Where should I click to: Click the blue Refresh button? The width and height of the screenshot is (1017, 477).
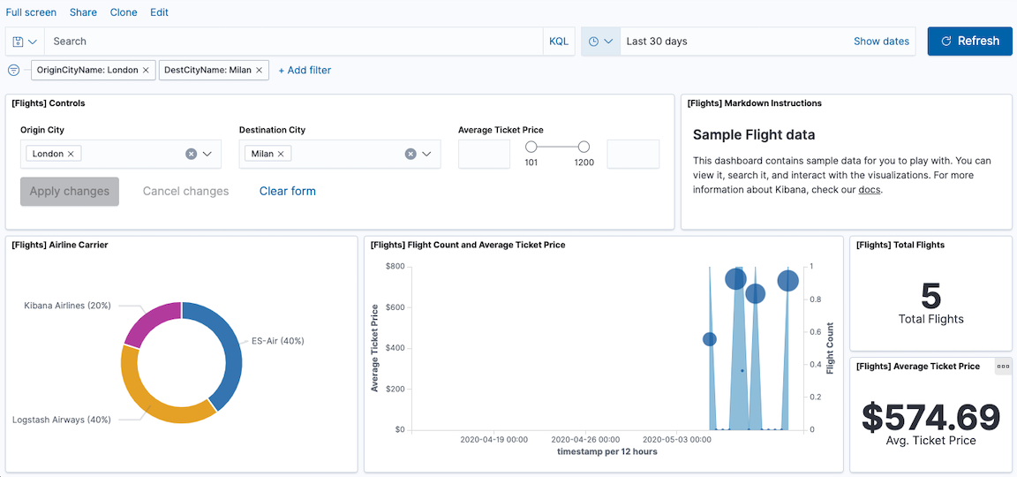click(x=969, y=42)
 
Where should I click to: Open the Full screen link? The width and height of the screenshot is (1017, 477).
click(x=31, y=12)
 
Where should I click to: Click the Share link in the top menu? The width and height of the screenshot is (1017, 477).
click(x=83, y=12)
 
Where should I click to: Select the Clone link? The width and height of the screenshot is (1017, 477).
click(x=124, y=12)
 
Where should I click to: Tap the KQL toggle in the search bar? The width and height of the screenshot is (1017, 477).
click(x=559, y=42)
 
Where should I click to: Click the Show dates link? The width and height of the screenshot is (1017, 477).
click(x=881, y=42)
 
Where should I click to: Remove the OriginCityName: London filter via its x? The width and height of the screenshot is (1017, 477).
click(x=147, y=70)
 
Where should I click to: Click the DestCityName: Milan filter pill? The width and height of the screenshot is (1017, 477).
click(x=207, y=70)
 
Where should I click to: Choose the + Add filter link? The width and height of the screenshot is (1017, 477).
click(x=305, y=70)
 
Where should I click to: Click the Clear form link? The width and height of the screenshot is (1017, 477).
click(x=287, y=191)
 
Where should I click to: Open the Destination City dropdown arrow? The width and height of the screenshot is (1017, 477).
click(x=426, y=154)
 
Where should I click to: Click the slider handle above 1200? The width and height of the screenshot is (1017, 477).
click(x=584, y=147)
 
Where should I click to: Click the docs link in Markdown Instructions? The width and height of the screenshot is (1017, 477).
click(x=869, y=189)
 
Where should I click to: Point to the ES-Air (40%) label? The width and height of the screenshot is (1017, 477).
click(x=277, y=341)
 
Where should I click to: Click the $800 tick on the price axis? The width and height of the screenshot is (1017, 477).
click(x=395, y=266)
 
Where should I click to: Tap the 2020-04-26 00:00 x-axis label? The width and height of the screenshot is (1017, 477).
click(x=585, y=438)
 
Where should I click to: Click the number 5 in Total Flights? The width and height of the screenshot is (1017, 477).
click(x=930, y=295)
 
